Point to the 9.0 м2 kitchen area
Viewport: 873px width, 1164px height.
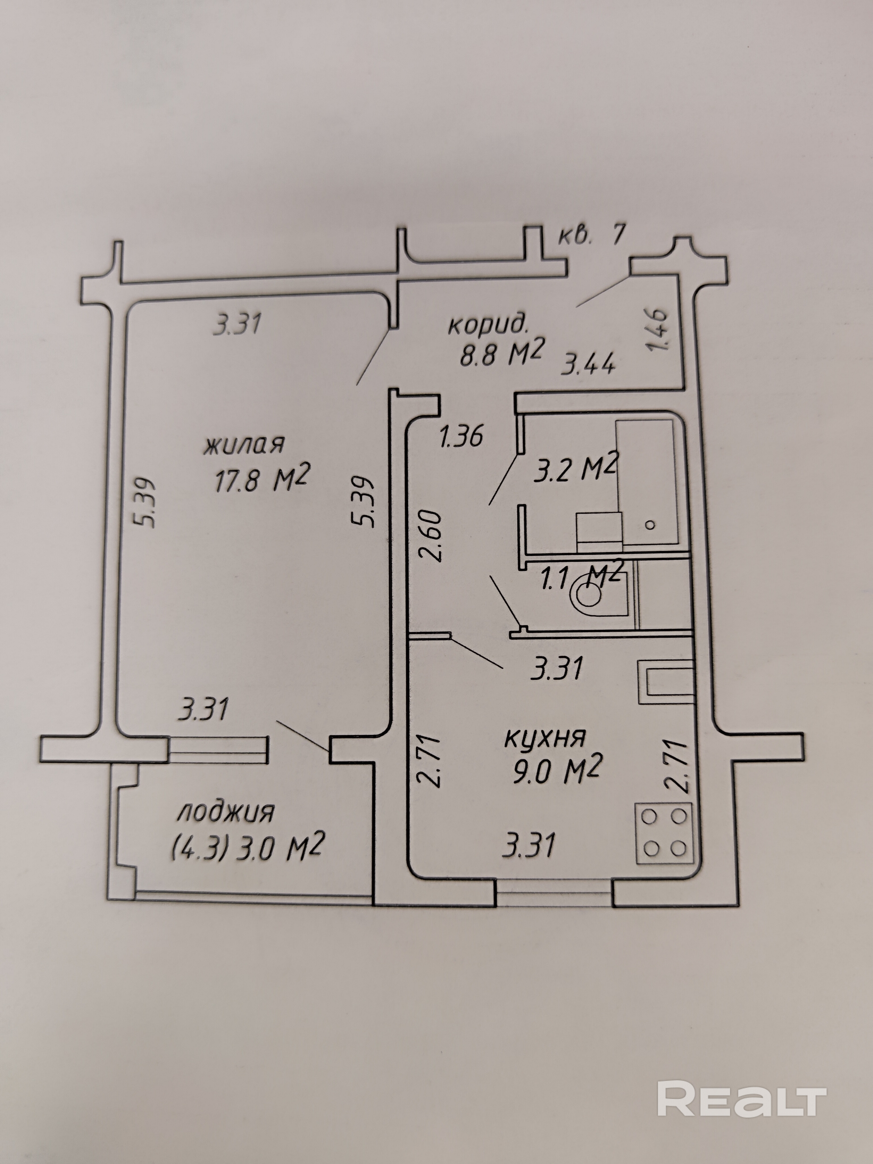555,772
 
